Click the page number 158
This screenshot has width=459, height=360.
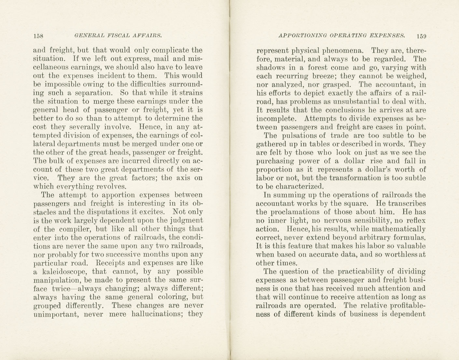tap(38, 36)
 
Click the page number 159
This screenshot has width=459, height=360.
tap(421, 36)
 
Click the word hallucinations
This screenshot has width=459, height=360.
tap(157, 314)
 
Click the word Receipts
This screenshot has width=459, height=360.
tap(113, 263)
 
